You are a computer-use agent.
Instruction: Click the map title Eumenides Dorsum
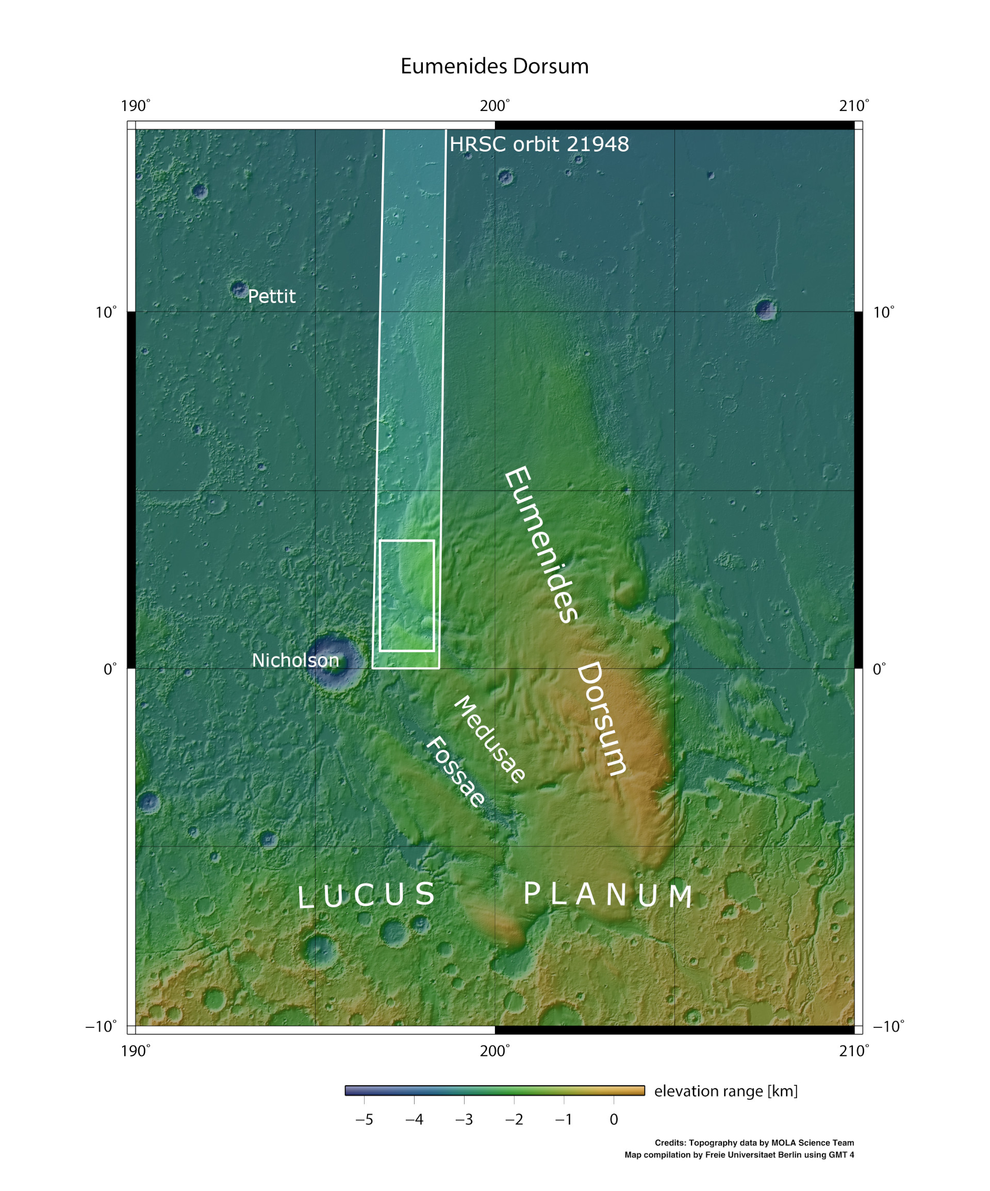click(494, 67)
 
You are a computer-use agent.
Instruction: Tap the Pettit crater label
click(271, 296)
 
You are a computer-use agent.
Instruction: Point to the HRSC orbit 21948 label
click(539, 144)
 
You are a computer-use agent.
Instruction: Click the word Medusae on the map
click(490, 739)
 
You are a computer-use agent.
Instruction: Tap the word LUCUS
click(367, 895)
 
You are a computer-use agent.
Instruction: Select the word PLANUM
click(607, 895)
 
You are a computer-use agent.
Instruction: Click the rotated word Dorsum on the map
click(602, 718)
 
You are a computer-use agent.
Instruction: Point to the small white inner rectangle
click(407, 595)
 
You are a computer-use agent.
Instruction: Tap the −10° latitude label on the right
click(888, 1026)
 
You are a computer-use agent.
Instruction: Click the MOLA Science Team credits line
click(754, 1143)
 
